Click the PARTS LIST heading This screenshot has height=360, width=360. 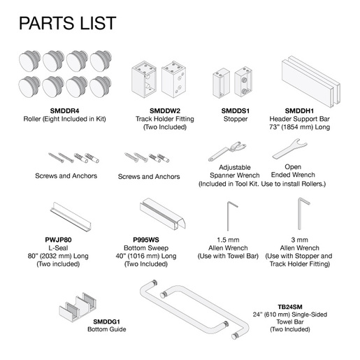tap(67, 23)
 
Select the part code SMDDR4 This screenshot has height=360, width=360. tap(65, 110)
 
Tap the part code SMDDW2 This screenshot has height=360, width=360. tap(165, 110)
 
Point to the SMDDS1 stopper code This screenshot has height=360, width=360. tap(236, 110)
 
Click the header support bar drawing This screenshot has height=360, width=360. tap(311, 81)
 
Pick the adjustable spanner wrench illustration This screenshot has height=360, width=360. tap(227, 151)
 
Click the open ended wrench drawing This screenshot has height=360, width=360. tap(289, 149)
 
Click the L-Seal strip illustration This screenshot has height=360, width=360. tap(71, 217)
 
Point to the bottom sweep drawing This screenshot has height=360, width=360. tap(162, 214)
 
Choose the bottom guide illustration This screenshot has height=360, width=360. tap(78, 307)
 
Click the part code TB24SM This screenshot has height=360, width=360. tap(290, 307)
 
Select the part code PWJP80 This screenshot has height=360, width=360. tap(58, 240)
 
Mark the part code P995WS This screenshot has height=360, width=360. tap(146, 240)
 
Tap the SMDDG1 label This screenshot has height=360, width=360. tap(106, 322)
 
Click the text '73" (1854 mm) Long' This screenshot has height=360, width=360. tap(299, 127)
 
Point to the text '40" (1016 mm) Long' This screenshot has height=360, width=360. tap(146, 256)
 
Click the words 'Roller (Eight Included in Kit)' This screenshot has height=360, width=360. tap(65, 119)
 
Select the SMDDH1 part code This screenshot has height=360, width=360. tap(299, 110)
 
